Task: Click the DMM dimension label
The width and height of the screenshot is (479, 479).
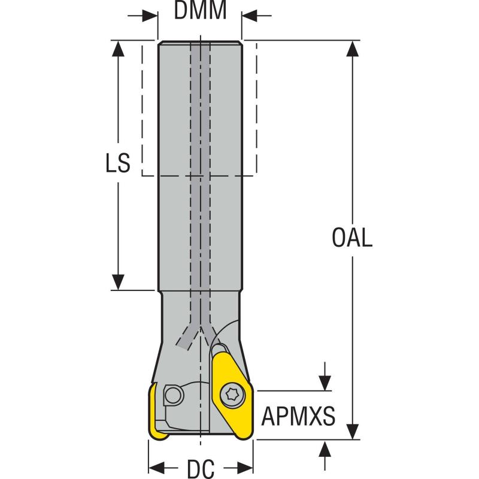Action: pyautogui.click(x=201, y=10)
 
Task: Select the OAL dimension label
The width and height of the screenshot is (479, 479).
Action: pyautogui.click(x=352, y=238)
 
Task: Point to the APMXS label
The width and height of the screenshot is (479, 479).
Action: pyautogui.click(x=298, y=416)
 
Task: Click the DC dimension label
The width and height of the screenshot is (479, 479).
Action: pyautogui.click(x=201, y=468)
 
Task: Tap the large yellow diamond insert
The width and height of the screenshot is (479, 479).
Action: pyautogui.click(x=231, y=395)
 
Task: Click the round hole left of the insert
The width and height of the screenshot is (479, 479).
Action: pyautogui.click(x=173, y=395)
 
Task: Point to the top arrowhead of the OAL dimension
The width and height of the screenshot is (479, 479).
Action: pyautogui.click(x=354, y=48)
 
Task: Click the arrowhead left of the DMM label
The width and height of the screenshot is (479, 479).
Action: pyautogui.click(x=150, y=15)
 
